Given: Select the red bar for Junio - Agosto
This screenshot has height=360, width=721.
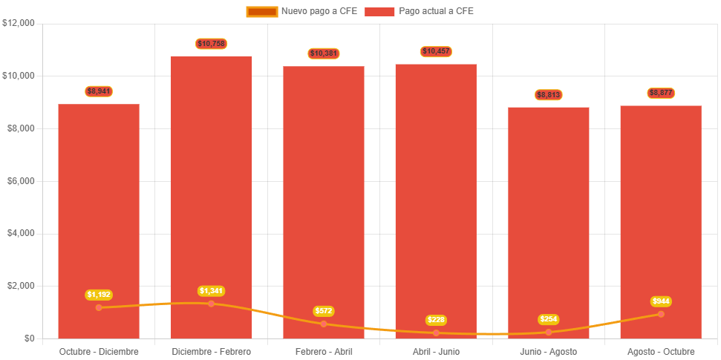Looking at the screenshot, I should pyautogui.click(x=548, y=215).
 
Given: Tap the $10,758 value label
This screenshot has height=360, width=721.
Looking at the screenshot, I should pyautogui.click(x=211, y=44).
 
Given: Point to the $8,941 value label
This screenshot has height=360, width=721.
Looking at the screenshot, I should pyautogui.click(x=99, y=91).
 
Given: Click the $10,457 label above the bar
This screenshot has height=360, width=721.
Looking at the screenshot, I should pyautogui.click(x=436, y=51).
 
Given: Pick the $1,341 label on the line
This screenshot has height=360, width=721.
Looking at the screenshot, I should pyautogui.click(x=211, y=291).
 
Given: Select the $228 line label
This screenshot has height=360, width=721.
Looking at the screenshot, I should pyautogui.click(x=436, y=320).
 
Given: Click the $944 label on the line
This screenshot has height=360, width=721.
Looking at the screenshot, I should pyautogui.click(x=661, y=301).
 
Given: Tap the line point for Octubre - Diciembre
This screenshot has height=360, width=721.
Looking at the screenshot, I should pyautogui.click(x=99, y=307).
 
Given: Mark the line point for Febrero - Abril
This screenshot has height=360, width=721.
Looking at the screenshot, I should pyautogui.click(x=324, y=324).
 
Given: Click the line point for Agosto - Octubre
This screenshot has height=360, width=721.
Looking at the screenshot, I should pyautogui.click(x=661, y=314).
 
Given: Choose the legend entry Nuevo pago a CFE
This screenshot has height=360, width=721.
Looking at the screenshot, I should pyautogui.click(x=301, y=11).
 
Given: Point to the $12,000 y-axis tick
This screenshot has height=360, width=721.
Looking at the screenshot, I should pyautogui.click(x=19, y=23).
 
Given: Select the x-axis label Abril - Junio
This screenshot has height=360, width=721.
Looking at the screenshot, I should pyautogui.click(x=436, y=351).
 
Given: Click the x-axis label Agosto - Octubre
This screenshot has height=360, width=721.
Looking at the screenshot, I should pyautogui.click(x=661, y=351).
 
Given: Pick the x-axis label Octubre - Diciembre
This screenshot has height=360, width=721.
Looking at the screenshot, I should pyautogui.click(x=99, y=351).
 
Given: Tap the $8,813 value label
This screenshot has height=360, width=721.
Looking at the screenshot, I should pyautogui.click(x=548, y=95).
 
